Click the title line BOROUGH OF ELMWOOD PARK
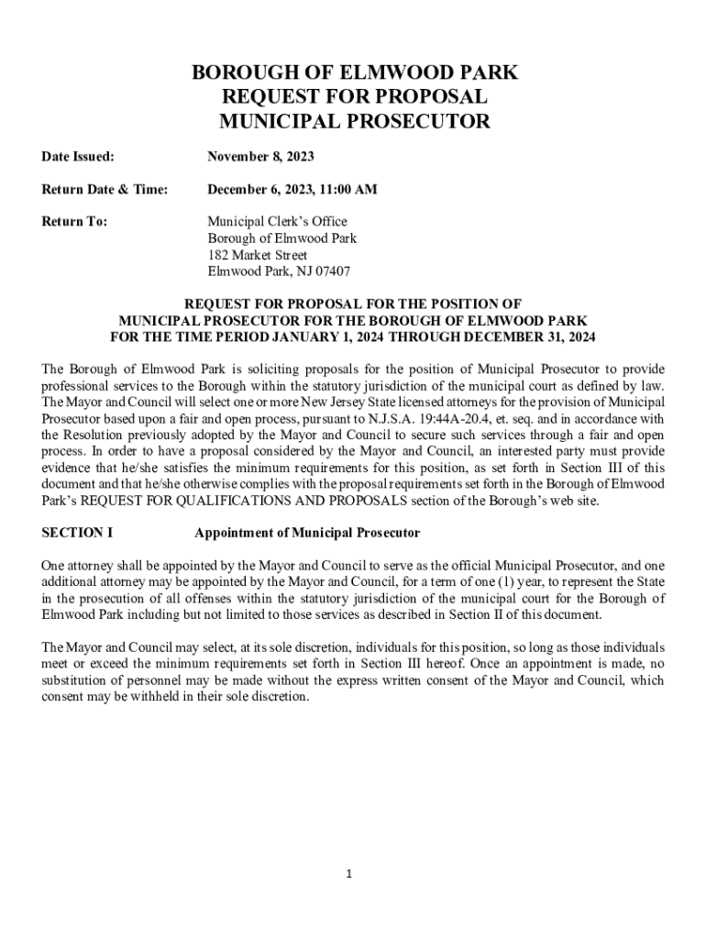[x=354, y=73]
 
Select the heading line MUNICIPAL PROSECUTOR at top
[x=354, y=121]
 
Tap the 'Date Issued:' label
[x=78, y=158]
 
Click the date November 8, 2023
[x=260, y=158]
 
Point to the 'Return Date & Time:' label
[x=105, y=190]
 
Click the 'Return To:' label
[x=74, y=221]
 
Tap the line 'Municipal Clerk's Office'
[x=277, y=221]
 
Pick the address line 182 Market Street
[x=257, y=255]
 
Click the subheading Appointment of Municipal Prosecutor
[x=307, y=533]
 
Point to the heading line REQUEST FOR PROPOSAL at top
[x=354, y=97]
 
